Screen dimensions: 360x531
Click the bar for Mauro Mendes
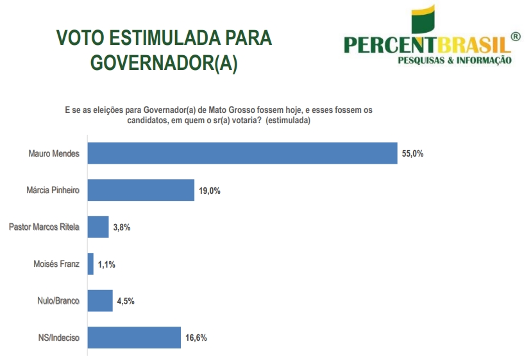click(242, 153)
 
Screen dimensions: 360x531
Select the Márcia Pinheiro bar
click(140, 190)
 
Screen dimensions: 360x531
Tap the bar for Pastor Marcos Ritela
click(97, 227)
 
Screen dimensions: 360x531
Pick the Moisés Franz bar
click(90, 264)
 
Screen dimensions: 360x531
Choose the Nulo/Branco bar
click(99, 300)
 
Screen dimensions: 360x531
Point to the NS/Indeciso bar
click(134, 338)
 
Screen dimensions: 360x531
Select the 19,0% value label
click(210, 191)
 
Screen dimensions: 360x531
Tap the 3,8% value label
click(121, 228)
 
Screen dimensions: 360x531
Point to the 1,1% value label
click(106, 264)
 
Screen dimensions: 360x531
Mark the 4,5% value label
click(126, 301)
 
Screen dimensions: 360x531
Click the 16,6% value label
click(196, 338)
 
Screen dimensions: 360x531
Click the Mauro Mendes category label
click(54, 154)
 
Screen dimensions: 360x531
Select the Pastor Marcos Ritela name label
click(44, 227)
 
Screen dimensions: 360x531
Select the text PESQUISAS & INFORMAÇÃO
click(455, 60)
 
